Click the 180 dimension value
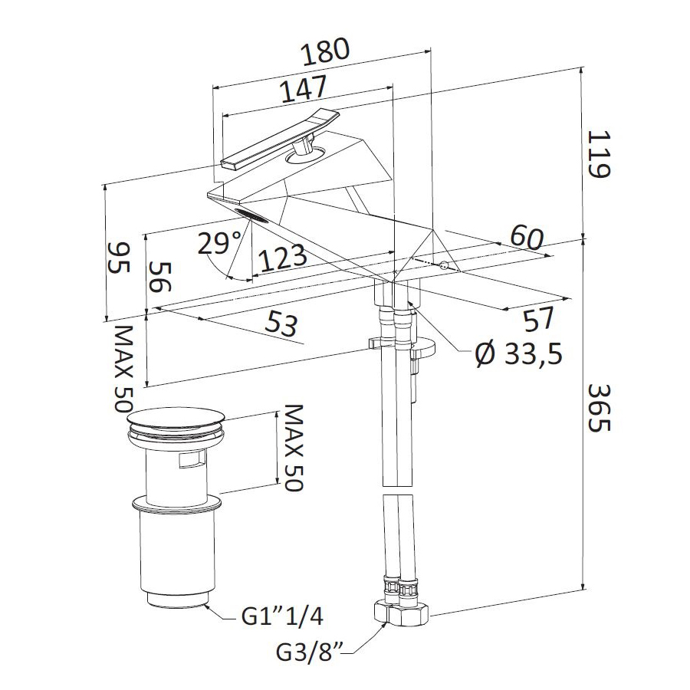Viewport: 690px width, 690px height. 325,51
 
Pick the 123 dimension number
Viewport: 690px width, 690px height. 282,258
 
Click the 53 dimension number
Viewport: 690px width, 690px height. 282,324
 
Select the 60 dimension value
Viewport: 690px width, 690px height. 527,238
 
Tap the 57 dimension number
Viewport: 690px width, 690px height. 539,319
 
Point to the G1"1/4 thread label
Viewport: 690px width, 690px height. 282,616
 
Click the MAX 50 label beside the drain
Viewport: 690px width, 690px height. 294,448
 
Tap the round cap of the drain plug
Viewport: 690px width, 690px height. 176,419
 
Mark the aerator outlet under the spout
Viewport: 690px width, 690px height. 251,215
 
